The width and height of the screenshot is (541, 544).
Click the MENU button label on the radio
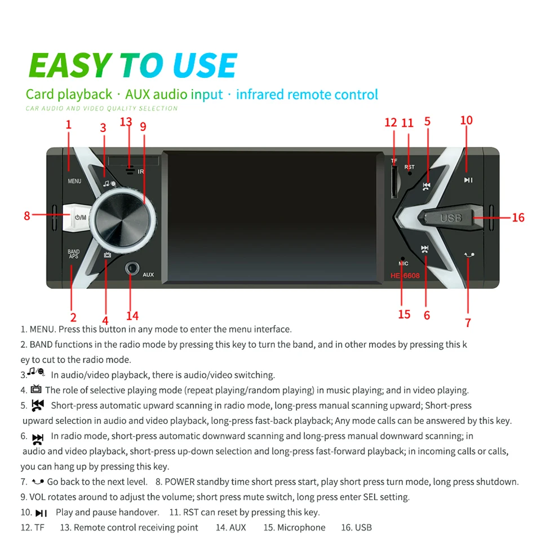[x=74, y=181]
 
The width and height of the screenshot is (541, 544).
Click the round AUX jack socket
[x=132, y=268]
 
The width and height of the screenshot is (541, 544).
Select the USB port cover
[x=451, y=218]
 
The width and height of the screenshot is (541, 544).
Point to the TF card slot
[x=394, y=182]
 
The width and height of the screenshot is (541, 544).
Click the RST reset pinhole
[x=410, y=173]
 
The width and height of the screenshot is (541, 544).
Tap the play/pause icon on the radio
[x=468, y=180]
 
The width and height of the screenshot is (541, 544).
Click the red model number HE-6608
[x=405, y=276]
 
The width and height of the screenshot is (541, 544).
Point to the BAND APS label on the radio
[x=73, y=254]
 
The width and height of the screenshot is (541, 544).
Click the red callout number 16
[x=518, y=218]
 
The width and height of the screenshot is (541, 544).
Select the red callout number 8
[x=26, y=216]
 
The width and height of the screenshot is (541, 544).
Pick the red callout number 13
[x=126, y=122]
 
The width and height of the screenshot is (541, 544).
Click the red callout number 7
[x=468, y=322]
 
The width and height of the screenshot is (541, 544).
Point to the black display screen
[x=273, y=217]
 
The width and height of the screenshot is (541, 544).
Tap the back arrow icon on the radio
[x=469, y=255]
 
